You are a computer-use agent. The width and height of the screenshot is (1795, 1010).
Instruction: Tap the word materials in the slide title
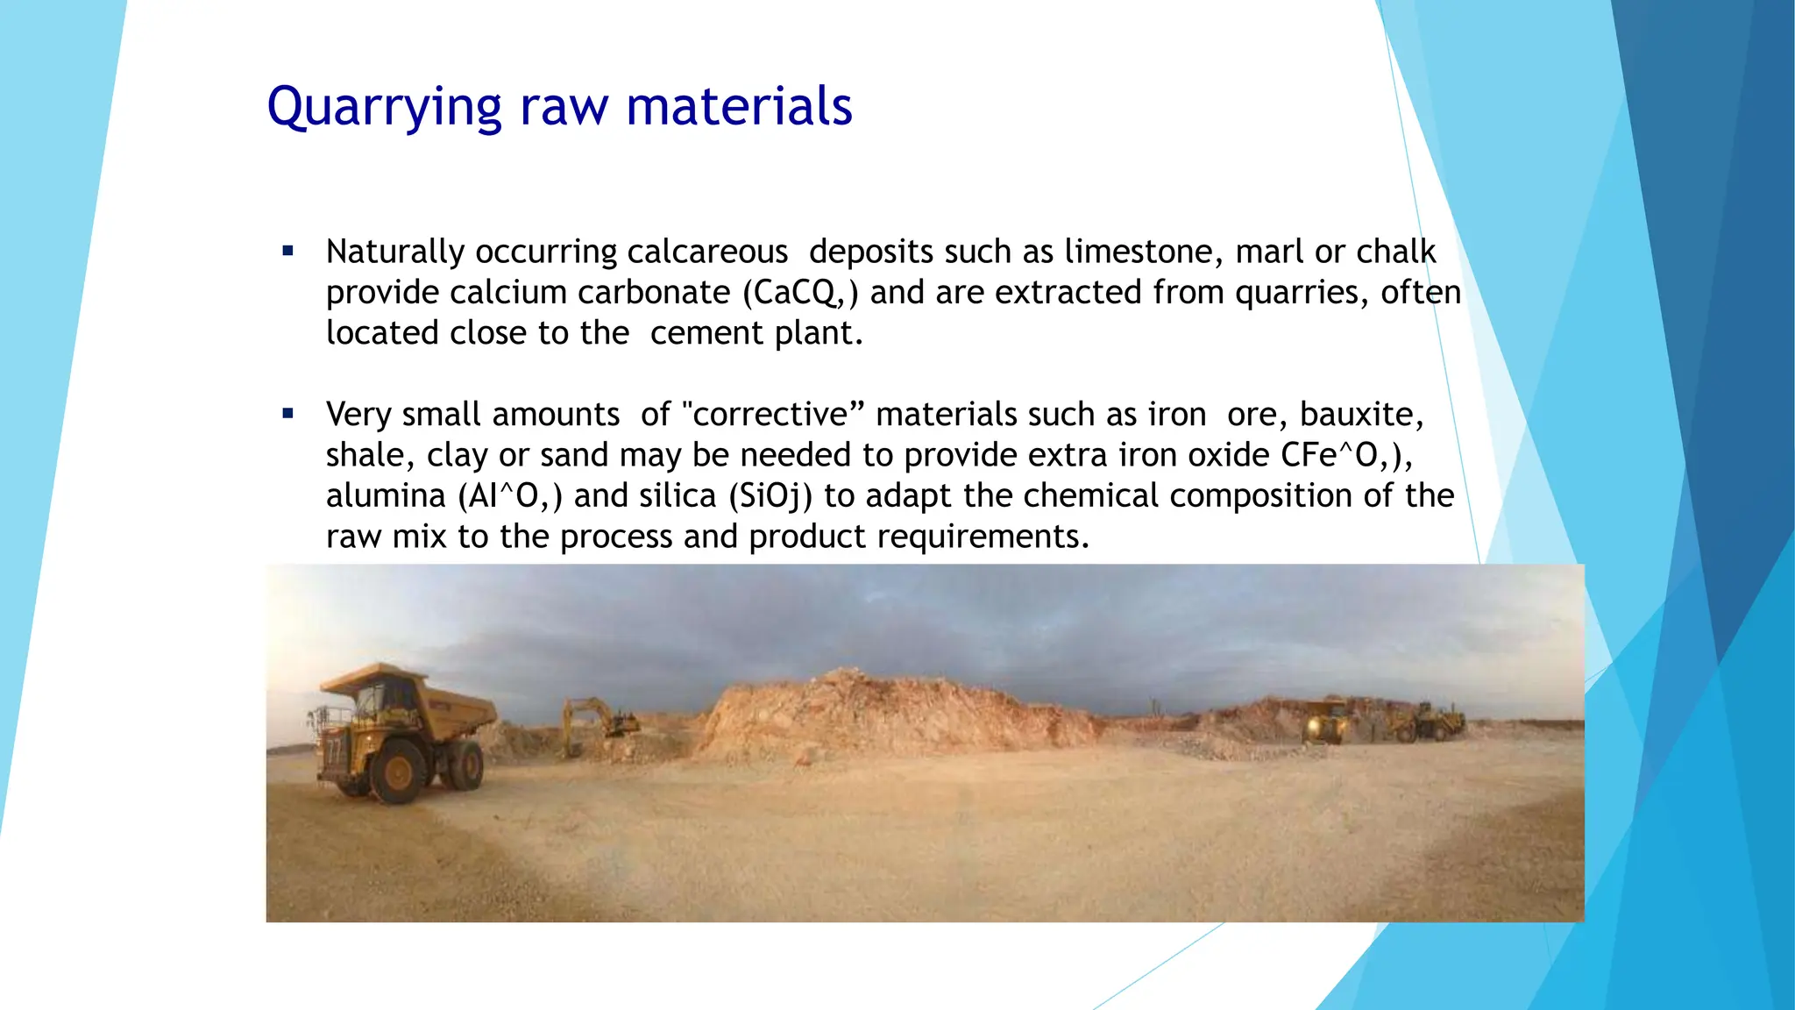click(739, 107)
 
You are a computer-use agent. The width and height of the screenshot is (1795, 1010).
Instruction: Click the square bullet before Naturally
click(288, 252)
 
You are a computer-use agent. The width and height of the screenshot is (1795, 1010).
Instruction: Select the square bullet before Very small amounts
click(288, 414)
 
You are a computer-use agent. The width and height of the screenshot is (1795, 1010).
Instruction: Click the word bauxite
click(1361, 415)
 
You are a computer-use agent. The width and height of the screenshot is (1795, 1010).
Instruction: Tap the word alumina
click(386, 496)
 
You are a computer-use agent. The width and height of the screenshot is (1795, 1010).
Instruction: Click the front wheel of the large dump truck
click(399, 773)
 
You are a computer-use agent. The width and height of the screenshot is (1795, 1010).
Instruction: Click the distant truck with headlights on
click(1328, 723)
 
